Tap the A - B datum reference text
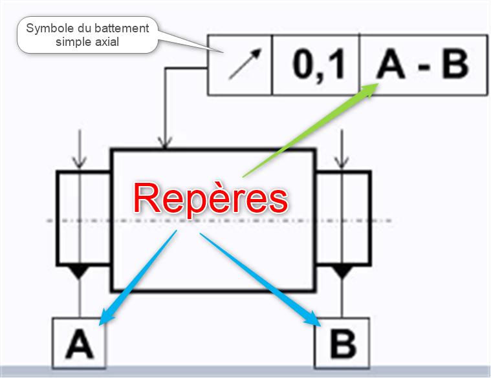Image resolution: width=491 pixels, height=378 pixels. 422,65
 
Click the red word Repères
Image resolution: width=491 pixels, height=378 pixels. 210,198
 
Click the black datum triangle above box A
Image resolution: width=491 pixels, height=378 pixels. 79,271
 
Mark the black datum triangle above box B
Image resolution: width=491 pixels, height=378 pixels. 342,271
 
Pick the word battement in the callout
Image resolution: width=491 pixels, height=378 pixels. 121,29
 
